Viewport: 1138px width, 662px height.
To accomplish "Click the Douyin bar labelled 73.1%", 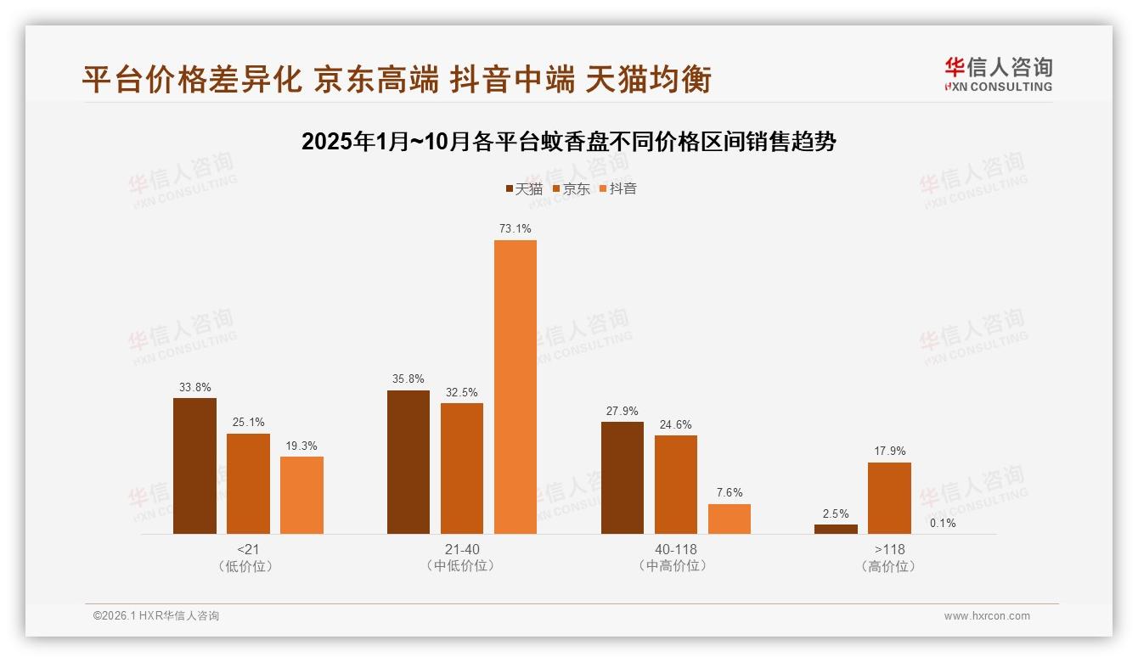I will (x=515, y=387).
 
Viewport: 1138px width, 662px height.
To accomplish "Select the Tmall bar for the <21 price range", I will (x=194, y=466).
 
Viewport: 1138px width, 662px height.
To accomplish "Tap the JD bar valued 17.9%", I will (x=889, y=498).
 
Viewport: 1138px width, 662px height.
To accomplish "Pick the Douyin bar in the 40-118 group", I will (x=730, y=519).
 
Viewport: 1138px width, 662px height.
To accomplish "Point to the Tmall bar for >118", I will (x=836, y=530).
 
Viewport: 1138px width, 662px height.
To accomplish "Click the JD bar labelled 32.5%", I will (x=462, y=468).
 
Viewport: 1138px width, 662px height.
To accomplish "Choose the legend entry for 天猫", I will (x=524, y=188).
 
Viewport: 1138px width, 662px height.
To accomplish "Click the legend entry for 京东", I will (x=571, y=188).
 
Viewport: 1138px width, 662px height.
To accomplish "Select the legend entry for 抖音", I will (x=617, y=188).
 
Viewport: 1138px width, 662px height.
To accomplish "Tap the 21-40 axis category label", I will (x=461, y=549).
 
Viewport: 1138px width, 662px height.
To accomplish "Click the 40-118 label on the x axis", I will (x=675, y=549).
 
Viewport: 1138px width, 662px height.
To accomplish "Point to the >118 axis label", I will (x=889, y=549).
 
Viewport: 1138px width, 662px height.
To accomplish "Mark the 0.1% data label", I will (x=943, y=524).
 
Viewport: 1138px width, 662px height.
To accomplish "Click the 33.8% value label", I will (x=194, y=388).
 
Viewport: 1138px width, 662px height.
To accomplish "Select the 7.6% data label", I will (x=730, y=493).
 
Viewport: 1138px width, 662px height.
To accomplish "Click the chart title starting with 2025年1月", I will (x=569, y=142).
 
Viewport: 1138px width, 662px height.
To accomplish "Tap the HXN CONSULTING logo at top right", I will (x=998, y=74).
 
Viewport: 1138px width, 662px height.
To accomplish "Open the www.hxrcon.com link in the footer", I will (x=987, y=616).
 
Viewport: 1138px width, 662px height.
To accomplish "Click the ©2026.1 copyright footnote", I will (x=156, y=616).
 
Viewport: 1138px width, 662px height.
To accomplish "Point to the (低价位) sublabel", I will (x=247, y=566).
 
